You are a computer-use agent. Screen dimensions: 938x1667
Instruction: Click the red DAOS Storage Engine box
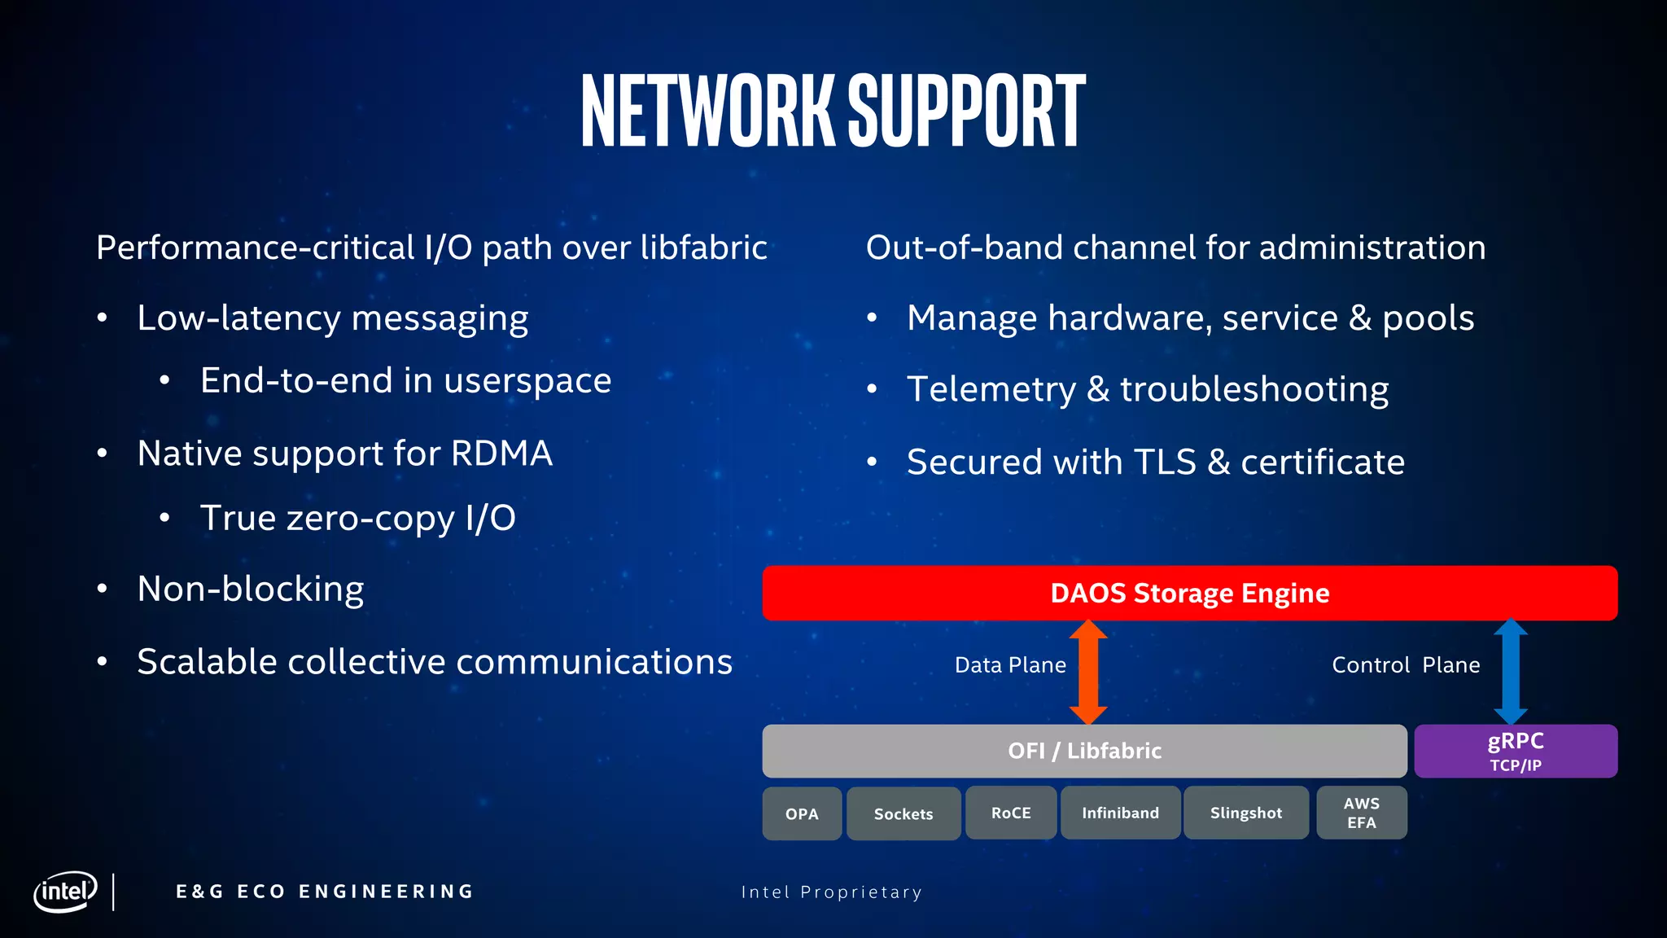pos(1189,593)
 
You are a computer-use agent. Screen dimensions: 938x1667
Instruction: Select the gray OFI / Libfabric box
pos(1084,751)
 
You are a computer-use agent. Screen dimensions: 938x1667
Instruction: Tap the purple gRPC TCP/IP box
pos(1515,751)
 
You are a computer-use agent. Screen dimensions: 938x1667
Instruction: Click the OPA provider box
pos(802,813)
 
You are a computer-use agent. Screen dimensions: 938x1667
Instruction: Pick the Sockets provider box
pos(904,813)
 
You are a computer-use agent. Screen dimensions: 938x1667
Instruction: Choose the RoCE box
pos(1011,813)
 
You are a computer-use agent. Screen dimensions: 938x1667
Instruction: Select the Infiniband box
pos(1120,813)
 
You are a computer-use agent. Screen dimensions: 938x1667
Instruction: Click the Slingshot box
pos(1245,813)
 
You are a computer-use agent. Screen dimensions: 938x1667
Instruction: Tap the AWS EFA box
pos(1361,813)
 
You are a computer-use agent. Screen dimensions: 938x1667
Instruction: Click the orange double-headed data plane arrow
pos(1088,672)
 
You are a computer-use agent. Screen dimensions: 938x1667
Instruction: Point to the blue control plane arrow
pos(1511,672)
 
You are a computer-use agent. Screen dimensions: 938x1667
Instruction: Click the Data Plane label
pos(1010,665)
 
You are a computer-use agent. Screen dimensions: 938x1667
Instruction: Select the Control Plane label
pos(1406,665)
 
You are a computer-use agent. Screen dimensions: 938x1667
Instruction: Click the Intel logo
pos(65,892)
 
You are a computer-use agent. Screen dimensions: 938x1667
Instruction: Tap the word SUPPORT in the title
pos(966,111)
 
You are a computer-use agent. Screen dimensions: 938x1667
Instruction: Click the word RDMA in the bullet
pos(501,454)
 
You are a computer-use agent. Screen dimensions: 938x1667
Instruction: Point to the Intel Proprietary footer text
pos(831,892)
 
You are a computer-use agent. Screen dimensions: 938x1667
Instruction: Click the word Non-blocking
pos(251,590)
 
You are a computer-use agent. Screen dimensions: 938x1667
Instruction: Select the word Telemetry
pos(991,389)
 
